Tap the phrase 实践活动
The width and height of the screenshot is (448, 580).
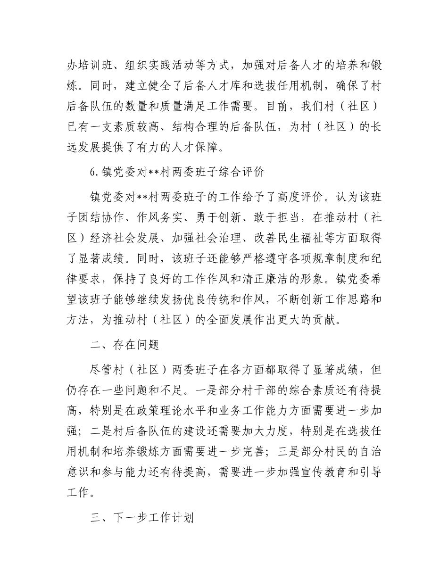coord(189,66)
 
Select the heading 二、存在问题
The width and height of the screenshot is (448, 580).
coord(124,345)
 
